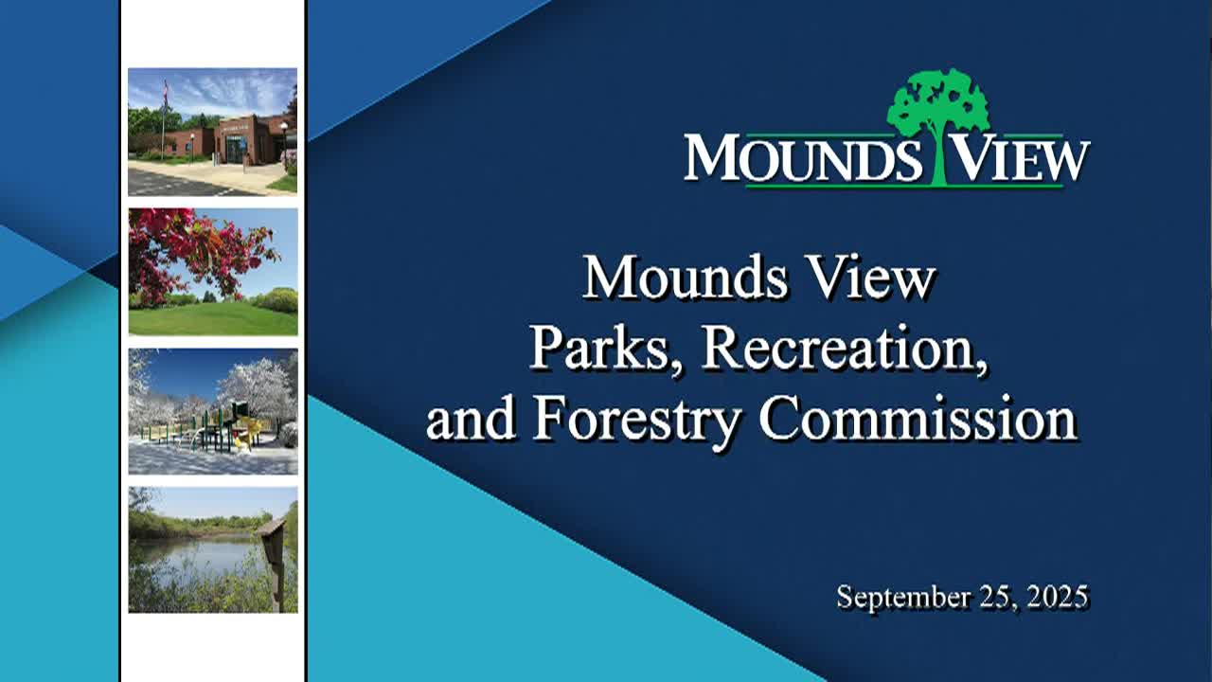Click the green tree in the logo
click(x=937, y=109)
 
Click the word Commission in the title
click(x=918, y=419)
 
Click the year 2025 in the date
click(x=1054, y=598)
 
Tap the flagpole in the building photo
click(x=164, y=118)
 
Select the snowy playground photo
click(x=213, y=411)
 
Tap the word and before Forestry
click(x=470, y=419)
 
